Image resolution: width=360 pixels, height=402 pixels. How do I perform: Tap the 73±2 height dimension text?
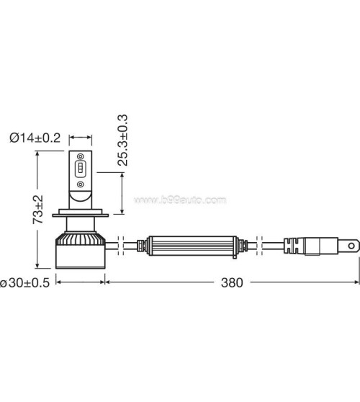tap(40, 209)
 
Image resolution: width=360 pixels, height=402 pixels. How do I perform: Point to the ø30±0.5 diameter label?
tap(24, 282)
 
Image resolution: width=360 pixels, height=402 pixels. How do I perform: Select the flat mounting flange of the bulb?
tap(80, 215)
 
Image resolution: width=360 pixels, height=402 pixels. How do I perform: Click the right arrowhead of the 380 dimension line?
tap(355, 282)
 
